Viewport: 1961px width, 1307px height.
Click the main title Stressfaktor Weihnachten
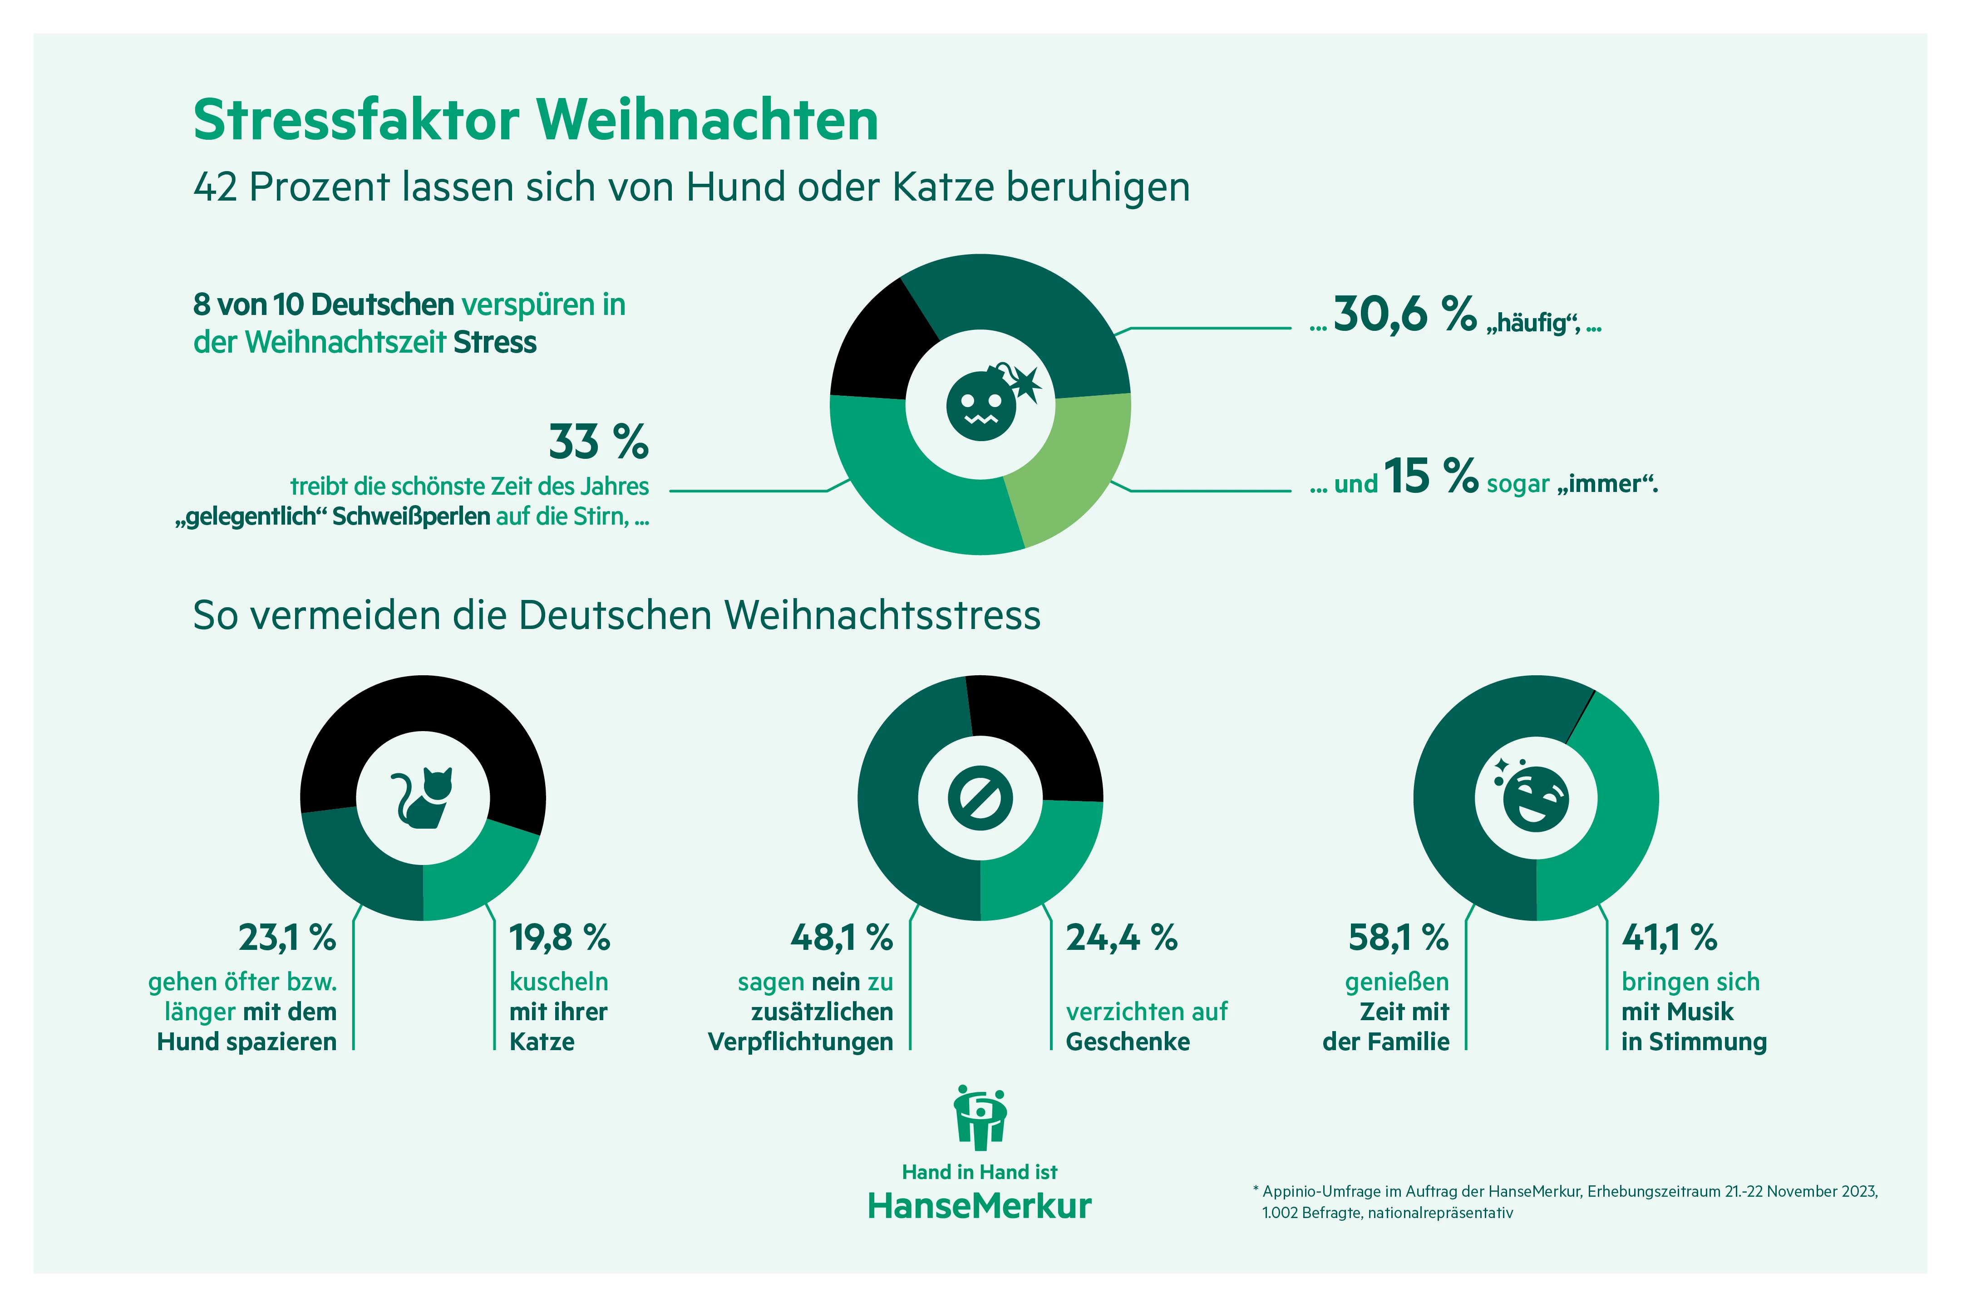point(535,120)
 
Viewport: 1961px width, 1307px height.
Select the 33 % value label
point(598,442)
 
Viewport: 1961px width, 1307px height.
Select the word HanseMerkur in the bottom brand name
point(980,1206)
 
